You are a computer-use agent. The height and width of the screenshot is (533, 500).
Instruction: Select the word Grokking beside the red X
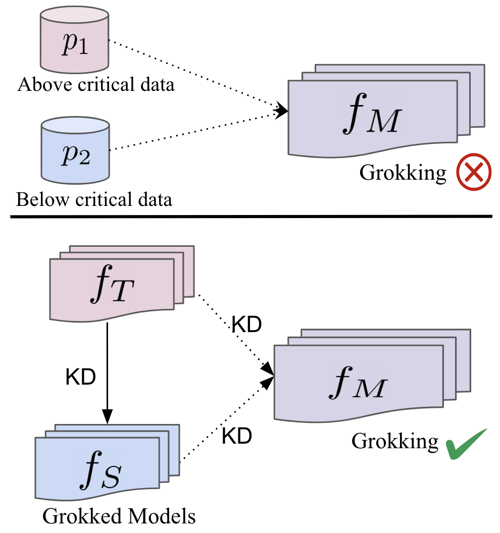pyautogui.click(x=403, y=173)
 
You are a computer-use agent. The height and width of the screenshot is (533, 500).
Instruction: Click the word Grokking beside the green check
pyautogui.click(x=395, y=441)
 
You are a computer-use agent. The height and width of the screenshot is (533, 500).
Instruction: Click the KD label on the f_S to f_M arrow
pyautogui.click(x=236, y=436)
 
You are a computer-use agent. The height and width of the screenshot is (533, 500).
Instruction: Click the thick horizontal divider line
pyautogui.click(x=250, y=217)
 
